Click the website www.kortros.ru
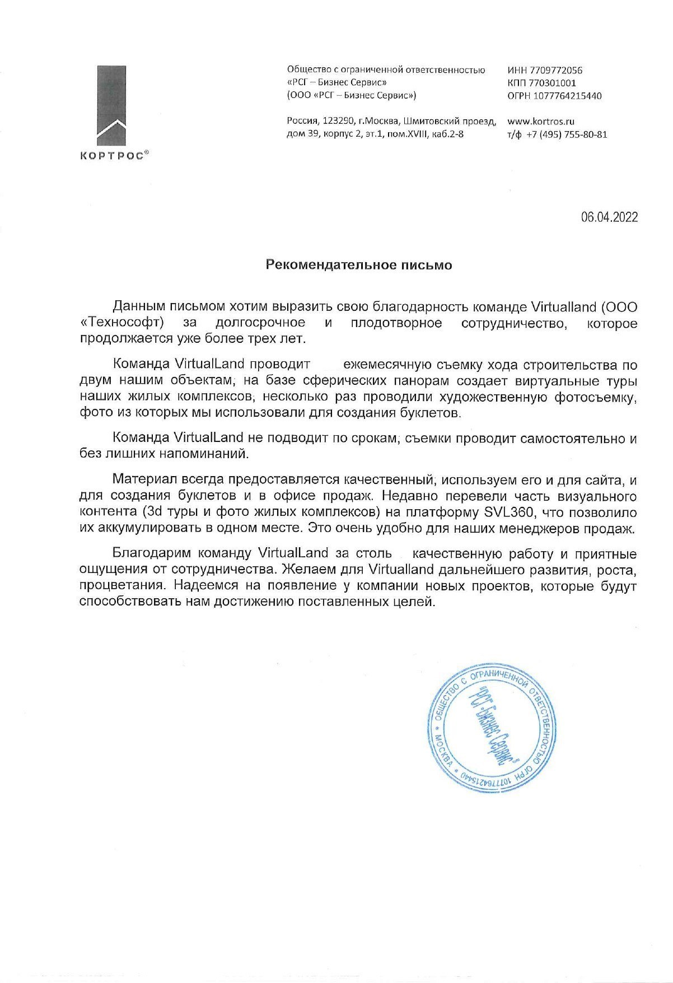[541, 121]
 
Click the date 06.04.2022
[609, 217]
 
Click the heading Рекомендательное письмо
[358, 265]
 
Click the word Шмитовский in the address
[429, 121]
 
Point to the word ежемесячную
[387, 364]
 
